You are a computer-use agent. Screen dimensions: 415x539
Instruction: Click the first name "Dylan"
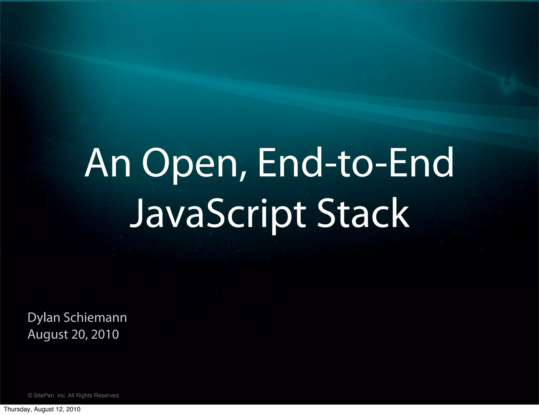[44, 318]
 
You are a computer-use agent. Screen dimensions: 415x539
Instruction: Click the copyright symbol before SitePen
[30, 396]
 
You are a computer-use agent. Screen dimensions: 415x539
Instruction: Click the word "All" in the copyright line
[71, 396]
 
